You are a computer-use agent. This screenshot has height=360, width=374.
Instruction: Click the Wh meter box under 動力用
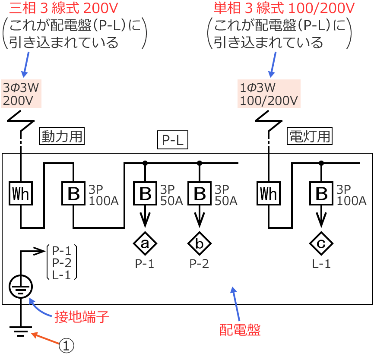(x=21, y=194)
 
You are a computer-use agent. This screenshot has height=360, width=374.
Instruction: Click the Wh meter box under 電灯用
(x=268, y=194)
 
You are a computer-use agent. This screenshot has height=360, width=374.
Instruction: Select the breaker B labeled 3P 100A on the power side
(x=73, y=194)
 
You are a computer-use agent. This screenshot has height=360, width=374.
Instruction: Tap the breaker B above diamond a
(x=145, y=194)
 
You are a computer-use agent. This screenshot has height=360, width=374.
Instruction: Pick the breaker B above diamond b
(x=199, y=194)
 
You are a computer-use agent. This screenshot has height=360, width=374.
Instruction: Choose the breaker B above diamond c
(x=321, y=194)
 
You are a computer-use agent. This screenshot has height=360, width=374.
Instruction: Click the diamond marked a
(x=145, y=243)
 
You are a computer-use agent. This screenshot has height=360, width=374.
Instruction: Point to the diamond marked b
(x=199, y=243)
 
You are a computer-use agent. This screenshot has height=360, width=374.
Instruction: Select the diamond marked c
(x=321, y=243)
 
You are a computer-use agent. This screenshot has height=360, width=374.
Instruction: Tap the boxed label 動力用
(x=61, y=136)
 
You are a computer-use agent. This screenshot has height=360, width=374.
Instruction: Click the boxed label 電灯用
(x=309, y=136)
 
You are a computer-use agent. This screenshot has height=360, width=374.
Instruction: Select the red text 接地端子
(x=82, y=317)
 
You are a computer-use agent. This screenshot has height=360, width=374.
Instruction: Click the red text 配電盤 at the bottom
(x=240, y=330)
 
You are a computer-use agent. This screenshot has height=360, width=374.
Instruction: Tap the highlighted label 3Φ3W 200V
(x=21, y=94)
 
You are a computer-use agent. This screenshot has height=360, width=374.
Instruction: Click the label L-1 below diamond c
(x=321, y=264)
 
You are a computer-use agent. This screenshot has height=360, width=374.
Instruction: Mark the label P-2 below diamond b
(x=199, y=264)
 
